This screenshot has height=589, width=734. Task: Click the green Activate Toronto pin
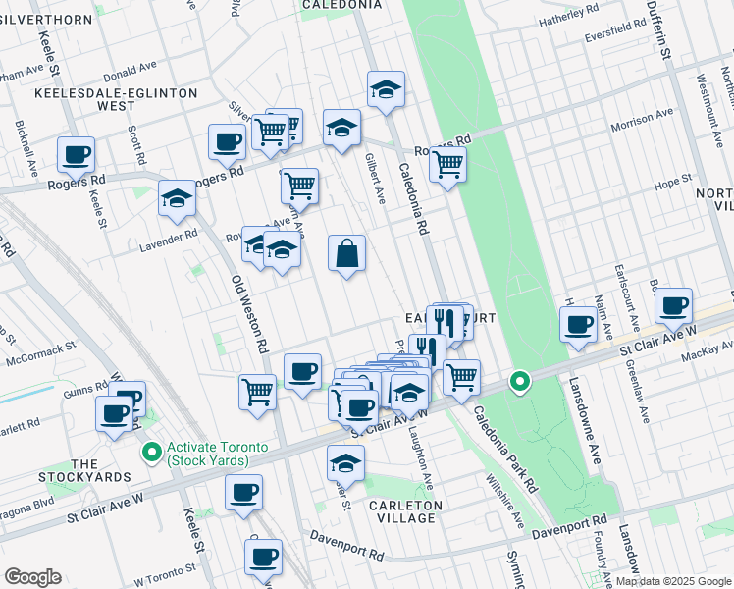coord(151,453)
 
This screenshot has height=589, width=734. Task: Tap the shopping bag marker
coord(347,254)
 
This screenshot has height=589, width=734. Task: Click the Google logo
coord(32,577)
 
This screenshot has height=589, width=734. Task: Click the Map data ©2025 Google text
coord(672,581)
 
